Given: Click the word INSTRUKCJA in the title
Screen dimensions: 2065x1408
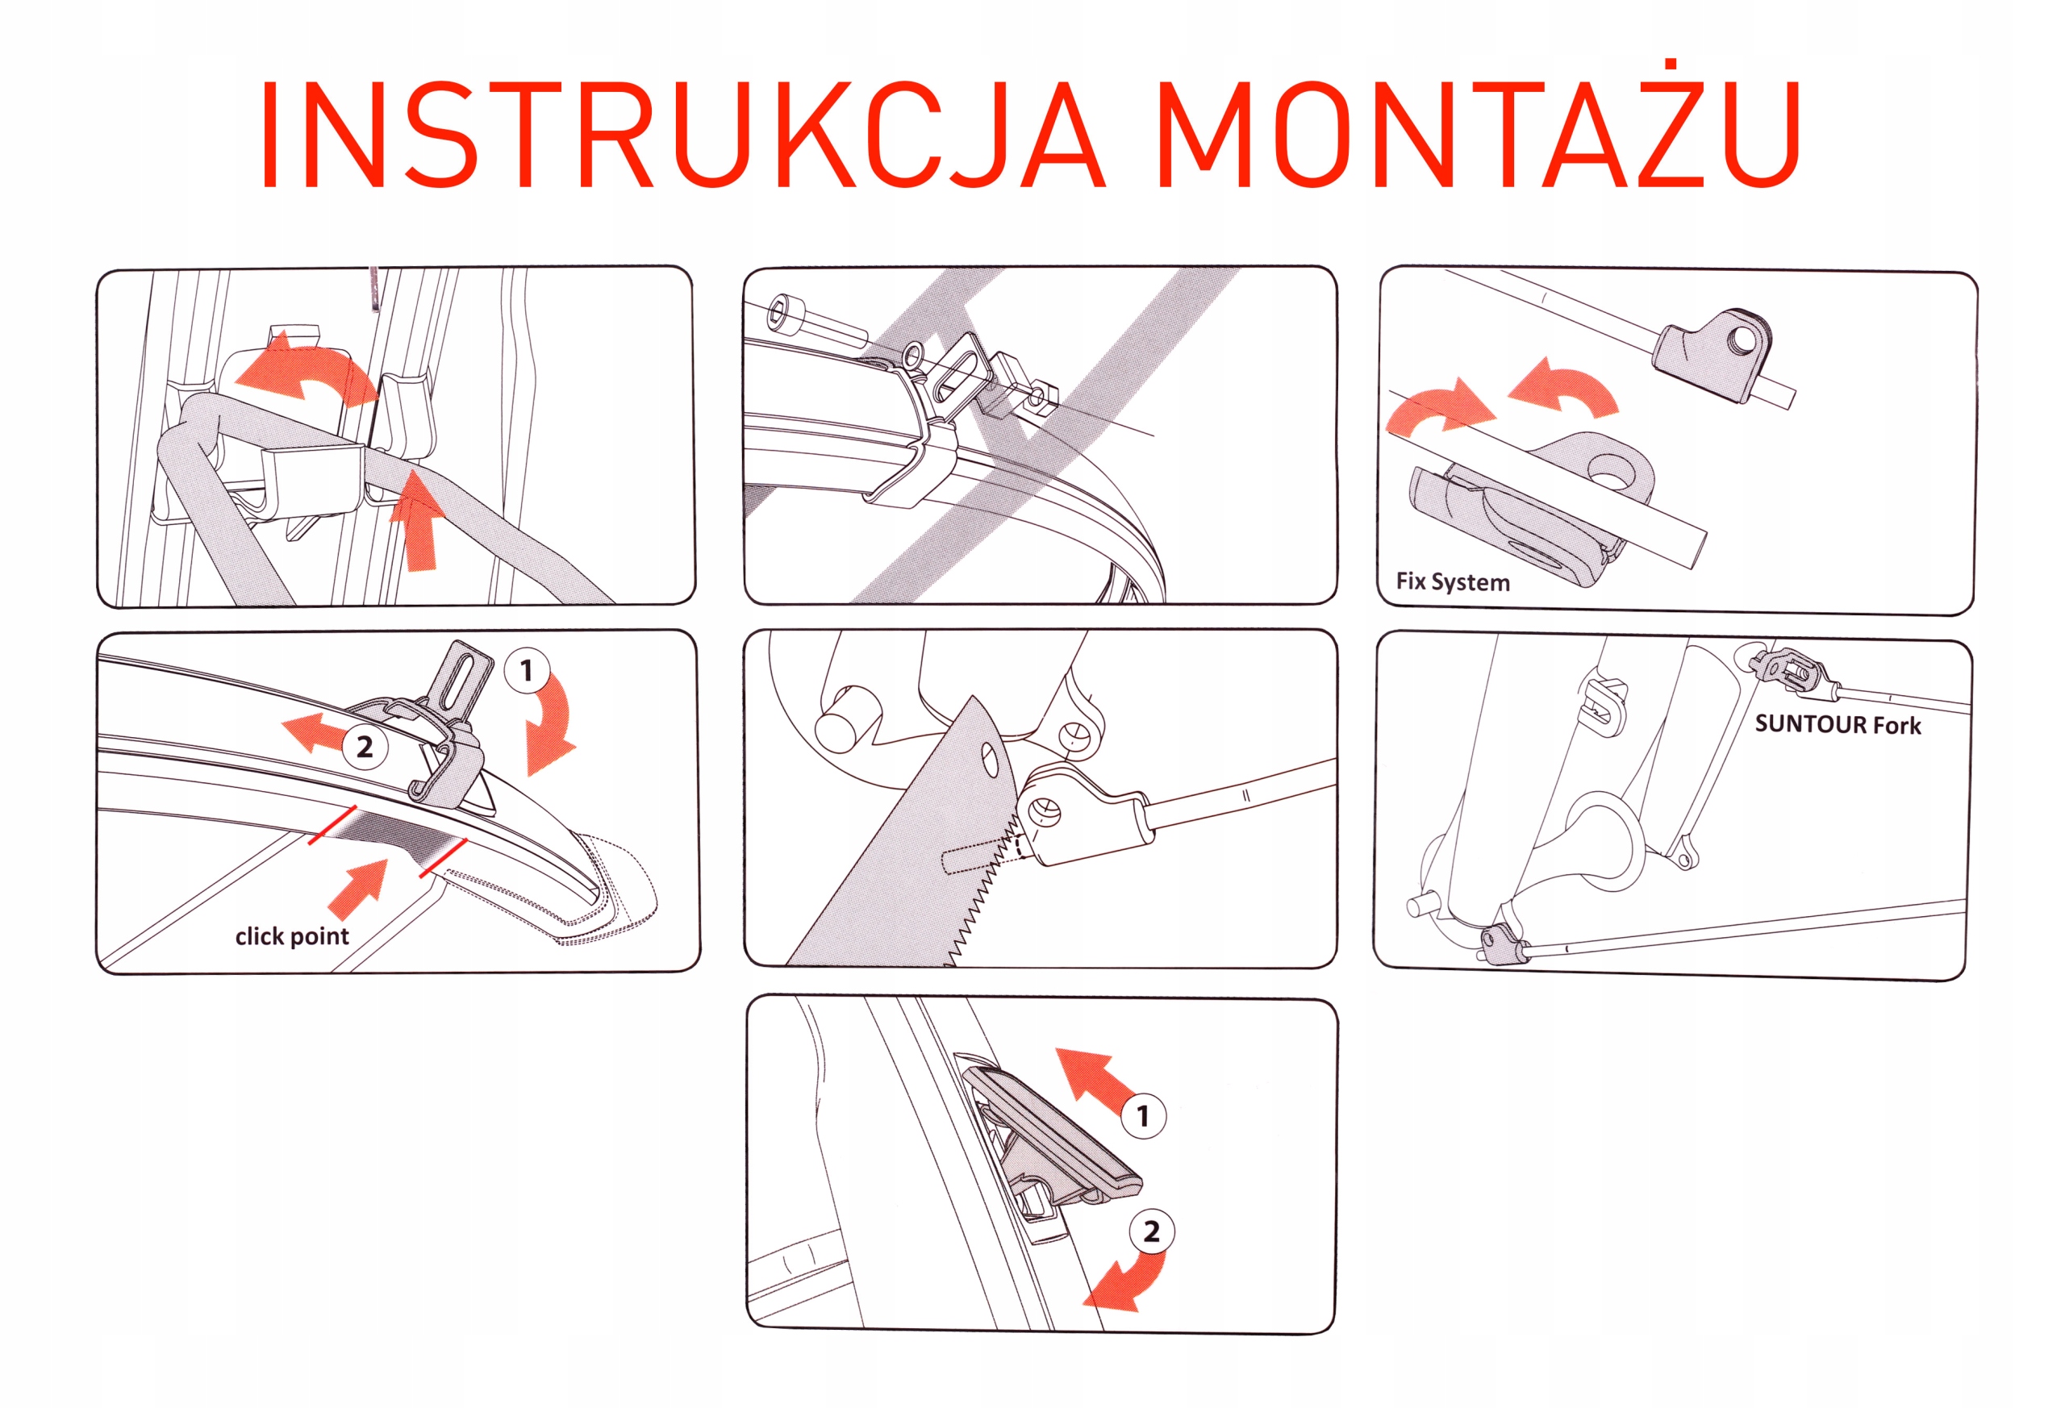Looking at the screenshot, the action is (x=682, y=135).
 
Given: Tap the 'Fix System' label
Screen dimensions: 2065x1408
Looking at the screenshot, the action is (x=1453, y=582).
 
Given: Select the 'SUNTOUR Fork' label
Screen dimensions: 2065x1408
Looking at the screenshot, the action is (x=1838, y=725).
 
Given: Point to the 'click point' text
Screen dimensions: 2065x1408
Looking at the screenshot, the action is (x=292, y=936).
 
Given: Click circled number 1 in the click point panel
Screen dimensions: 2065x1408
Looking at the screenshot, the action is (x=527, y=671).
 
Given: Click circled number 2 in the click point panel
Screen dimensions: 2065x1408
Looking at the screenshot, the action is (x=365, y=747).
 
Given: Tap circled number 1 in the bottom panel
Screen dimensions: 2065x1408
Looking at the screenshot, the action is (x=1144, y=1116).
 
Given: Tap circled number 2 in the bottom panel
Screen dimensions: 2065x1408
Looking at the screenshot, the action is (x=1152, y=1231).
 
